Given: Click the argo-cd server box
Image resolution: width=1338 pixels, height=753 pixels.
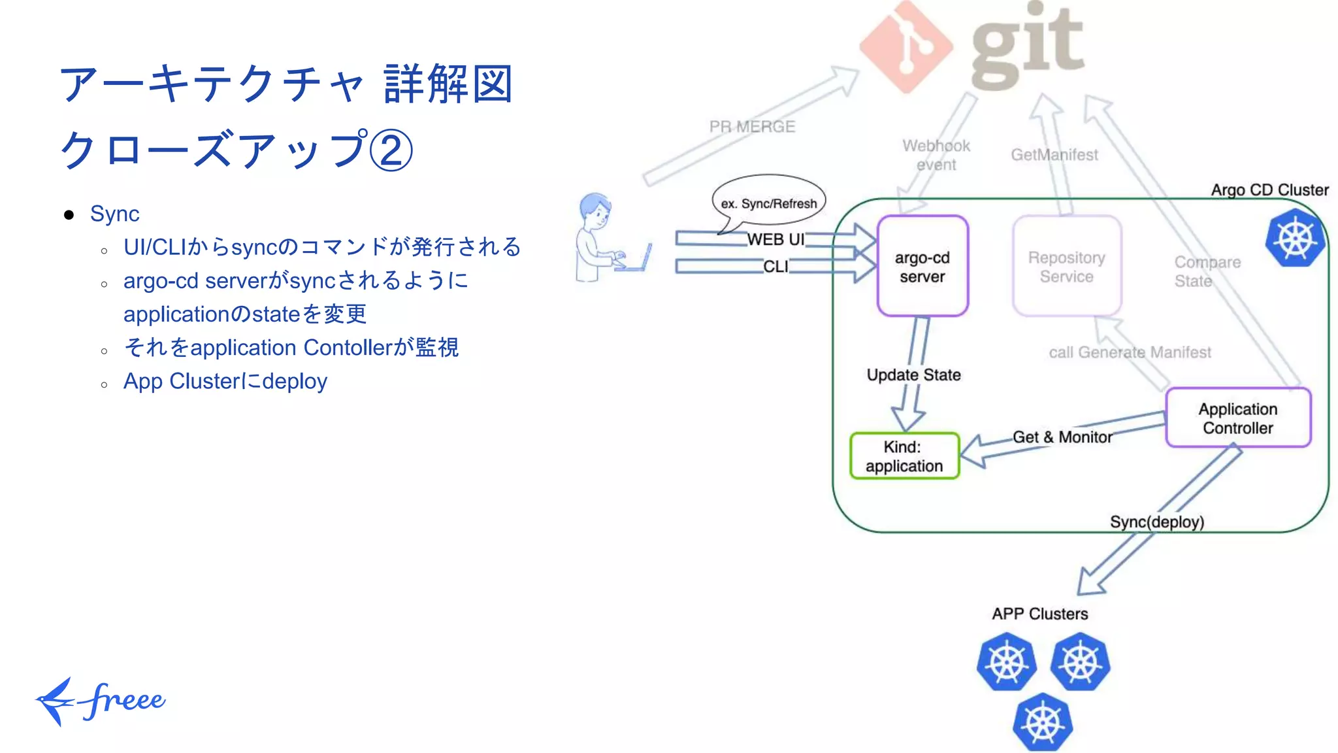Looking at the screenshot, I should [x=922, y=267].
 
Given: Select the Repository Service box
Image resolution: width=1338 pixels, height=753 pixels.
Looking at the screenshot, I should [x=1066, y=267].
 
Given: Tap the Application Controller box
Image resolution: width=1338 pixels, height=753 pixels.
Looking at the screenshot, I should [x=1237, y=418].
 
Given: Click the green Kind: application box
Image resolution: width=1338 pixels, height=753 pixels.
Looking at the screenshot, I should [x=904, y=456].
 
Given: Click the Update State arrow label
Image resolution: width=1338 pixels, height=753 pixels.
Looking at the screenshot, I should [x=913, y=375].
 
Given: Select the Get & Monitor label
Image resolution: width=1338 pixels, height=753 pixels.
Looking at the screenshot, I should [x=1062, y=437].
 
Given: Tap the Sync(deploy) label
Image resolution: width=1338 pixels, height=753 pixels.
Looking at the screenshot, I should [x=1156, y=522].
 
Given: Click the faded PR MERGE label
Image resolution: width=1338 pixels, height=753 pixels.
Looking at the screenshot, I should [x=752, y=127].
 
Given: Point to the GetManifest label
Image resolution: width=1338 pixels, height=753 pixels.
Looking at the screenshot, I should [x=1054, y=155].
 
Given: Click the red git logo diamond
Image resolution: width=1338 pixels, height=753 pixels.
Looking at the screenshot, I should [x=905, y=47].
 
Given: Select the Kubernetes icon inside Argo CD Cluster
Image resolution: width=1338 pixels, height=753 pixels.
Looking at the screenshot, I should [x=1295, y=238].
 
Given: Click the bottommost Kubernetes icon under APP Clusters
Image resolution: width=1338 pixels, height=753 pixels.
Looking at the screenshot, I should [x=1043, y=722].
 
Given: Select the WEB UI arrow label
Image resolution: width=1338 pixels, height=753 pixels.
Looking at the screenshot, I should [x=775, y=239].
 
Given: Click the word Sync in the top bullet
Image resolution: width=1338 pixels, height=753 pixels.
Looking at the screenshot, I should [x=115, y=214].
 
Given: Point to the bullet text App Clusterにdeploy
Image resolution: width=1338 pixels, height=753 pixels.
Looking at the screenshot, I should [x=225, y=381].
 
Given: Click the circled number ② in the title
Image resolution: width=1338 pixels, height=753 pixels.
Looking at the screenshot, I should [x=391, y=150].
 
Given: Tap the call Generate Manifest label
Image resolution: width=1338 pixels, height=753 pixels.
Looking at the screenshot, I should [x=1130, y=353].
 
